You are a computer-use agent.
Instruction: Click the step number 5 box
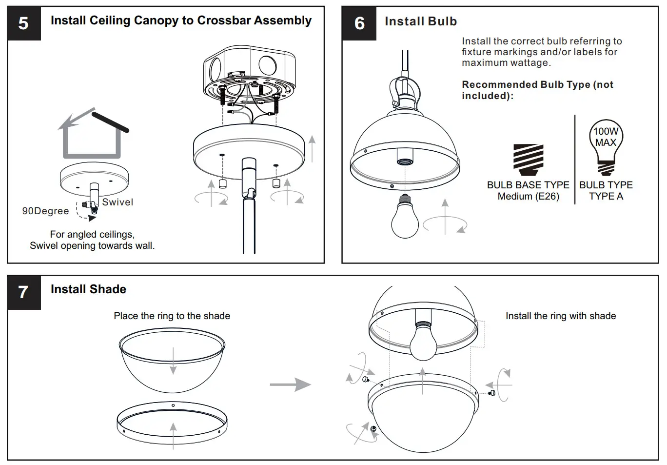pyautogui.click(x=23, y=23)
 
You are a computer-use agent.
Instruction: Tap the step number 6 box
pyautogui.click(x=359, y=23)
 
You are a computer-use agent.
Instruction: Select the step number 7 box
pyautogui.click(x=23, y=292)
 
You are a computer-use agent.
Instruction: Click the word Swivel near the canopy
pyautogui.click(x=118, y=202)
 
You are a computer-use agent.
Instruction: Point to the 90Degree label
pyautogui.click(x=45, y=211)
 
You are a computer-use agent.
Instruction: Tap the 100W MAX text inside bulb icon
pyautogui.click(x=606, y=137)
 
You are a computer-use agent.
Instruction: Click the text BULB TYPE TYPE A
pyautogui.click(x=606, y=191)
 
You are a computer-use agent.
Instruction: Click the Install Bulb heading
pyautogui.click(x=421, y=21)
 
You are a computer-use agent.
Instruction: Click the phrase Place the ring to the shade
pyautogui.click(x=172, y=316)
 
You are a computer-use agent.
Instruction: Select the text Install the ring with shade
pyautogui.click(x=560, y=316)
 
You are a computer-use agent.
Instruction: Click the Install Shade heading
pyautogui.click(x=88, y=289)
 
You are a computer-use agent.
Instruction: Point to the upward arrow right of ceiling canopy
pyautogui.click(x=312, y=149)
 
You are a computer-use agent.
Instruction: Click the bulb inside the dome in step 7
pyautogui.click(x=423, y=342)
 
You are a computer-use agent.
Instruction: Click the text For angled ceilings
pyautogui.click(x=92, y=234)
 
